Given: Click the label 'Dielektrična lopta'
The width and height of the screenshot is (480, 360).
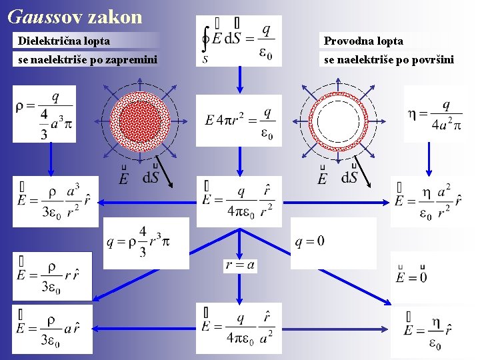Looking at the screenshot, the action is pos(65,41).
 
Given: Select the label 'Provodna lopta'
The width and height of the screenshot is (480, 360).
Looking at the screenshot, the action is pos(363,41).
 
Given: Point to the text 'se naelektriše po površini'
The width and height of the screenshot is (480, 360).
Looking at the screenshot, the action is pos(389,60).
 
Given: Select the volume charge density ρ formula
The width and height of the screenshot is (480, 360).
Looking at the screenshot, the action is pos(44,114).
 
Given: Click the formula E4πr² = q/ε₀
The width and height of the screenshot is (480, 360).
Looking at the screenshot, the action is pos(239,121).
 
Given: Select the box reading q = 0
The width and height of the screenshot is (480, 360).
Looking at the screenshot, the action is pos(311,241).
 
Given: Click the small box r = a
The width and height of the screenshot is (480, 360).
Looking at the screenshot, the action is pos(240,265).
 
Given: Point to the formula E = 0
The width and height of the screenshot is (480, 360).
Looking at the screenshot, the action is pos(412,273).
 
